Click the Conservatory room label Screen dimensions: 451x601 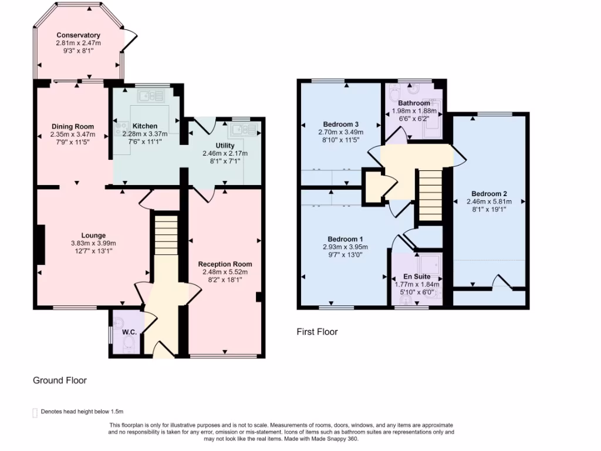[78, 35]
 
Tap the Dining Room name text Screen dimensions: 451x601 [73, 126]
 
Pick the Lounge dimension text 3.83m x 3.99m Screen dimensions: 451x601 [94, 243]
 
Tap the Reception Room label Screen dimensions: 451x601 [225, 264]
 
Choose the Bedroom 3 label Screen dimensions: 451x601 [340, 124]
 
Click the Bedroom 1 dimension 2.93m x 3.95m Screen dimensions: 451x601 [345, 247]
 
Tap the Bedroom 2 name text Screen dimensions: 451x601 [489, 194]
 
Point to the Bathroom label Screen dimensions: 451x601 [414, 103]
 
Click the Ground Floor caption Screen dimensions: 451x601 [59, 381]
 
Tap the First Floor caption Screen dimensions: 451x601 [317, 332]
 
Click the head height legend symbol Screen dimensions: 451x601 [35, 412]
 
